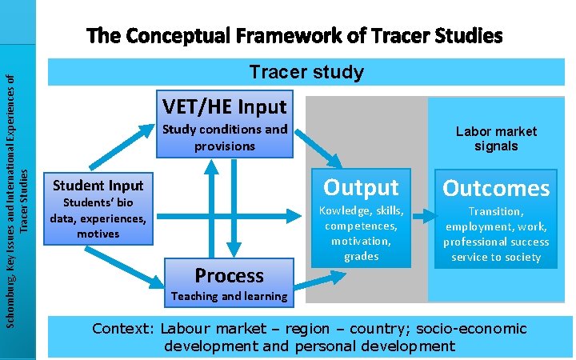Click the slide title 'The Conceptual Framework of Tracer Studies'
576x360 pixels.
pos(295,36)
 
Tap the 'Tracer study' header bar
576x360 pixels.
pos(306,72)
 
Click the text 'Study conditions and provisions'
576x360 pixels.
pos(224,138)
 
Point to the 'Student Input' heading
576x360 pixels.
pos(97,186)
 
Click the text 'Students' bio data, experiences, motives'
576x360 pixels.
pos(97,218)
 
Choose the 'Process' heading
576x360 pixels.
pos(229,275)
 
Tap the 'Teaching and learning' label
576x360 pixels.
pos(229,296)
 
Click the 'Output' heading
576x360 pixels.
pos(361,186)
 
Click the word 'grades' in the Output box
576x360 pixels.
pos(361,256)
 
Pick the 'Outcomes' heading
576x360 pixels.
pos(496,188)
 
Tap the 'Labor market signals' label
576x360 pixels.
pos(496,138)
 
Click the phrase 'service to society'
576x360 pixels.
pos(496,257)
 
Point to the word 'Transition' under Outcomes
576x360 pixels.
pos(496,211)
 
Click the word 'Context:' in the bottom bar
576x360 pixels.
pos(123,329)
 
